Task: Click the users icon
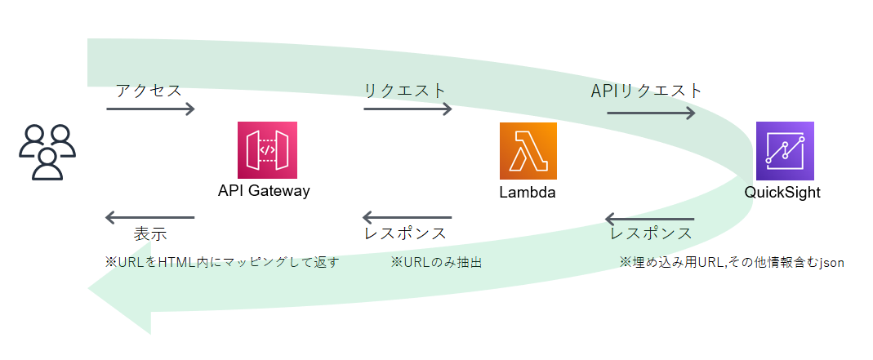click(x=47, y=152)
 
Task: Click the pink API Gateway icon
click(x=267, y=150)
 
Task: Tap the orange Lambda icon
click(x=528, y=151)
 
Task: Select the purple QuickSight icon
click(x=785, y=151)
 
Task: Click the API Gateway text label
click(x=264, y=191)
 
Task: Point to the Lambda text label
click(x=528, y=193)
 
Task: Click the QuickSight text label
click(x=782, y=193)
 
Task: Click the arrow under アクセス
click(x=150, y=109)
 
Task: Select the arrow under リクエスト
click(x=408, y=109)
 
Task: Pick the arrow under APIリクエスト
click(x=651, y=113)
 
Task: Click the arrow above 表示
click(x=150, y=217)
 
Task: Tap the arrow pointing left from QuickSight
click(x=649, y=219)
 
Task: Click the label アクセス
click(x=149, y=90)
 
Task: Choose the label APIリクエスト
click(x=647, y=90)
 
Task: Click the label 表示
click(x=150, y=234)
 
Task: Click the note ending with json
click(x=731, y=262)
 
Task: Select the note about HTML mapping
click(x=221, y=262)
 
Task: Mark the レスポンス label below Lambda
click(x=406, y=233)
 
